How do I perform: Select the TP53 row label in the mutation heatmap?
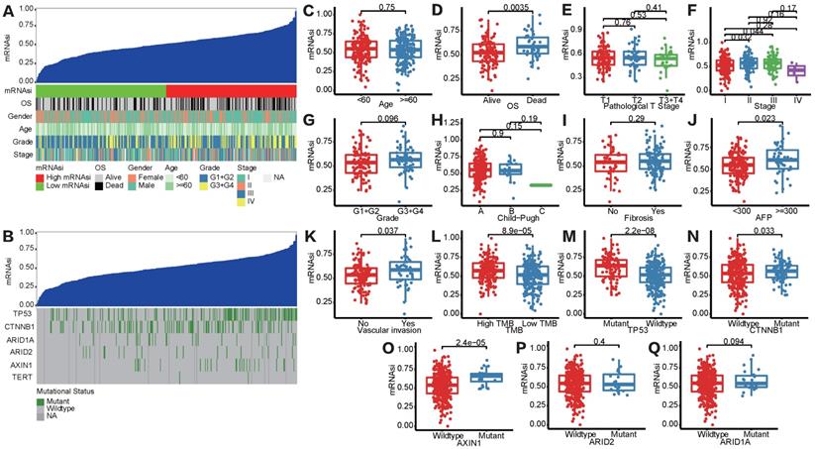(16, 312)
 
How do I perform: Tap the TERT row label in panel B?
(17, 378)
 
